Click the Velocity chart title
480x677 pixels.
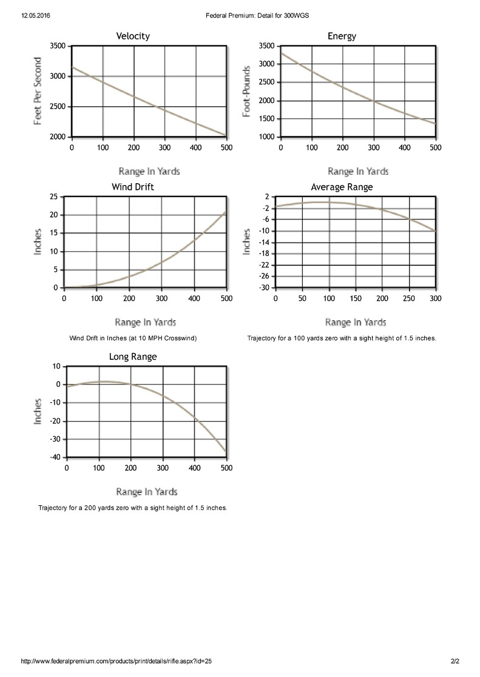(x=133, y=36)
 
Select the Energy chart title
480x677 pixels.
(x=342, y=36)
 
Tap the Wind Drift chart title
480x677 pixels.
(x=133, y=187)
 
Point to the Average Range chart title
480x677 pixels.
(x=342, y=187)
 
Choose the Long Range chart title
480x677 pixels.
(x=133, y=357)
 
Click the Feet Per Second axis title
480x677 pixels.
(x=38, y=91)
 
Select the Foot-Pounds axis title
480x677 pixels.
(x=246, y=92)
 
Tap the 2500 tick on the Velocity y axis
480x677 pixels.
(x=58, y=107)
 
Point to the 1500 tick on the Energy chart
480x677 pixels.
(x=266, y=119)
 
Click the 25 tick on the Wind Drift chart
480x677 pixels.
(x=53, y=197)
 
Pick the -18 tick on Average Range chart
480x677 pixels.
(x=264, y=254)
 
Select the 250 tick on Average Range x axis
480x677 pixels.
(x=409, y=298)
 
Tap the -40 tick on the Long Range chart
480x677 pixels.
(x=56, y=457)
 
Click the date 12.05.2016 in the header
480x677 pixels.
(x=35, y=16)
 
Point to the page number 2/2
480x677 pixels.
(x=455, y=661)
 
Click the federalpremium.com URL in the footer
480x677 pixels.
(x=117, y=661)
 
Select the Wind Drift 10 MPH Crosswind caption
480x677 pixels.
(x=133, y=338)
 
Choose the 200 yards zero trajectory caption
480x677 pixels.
(x=133, y=508)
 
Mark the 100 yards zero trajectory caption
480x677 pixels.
(x=342, y=338)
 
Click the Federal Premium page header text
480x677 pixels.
(x=257, y=16)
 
